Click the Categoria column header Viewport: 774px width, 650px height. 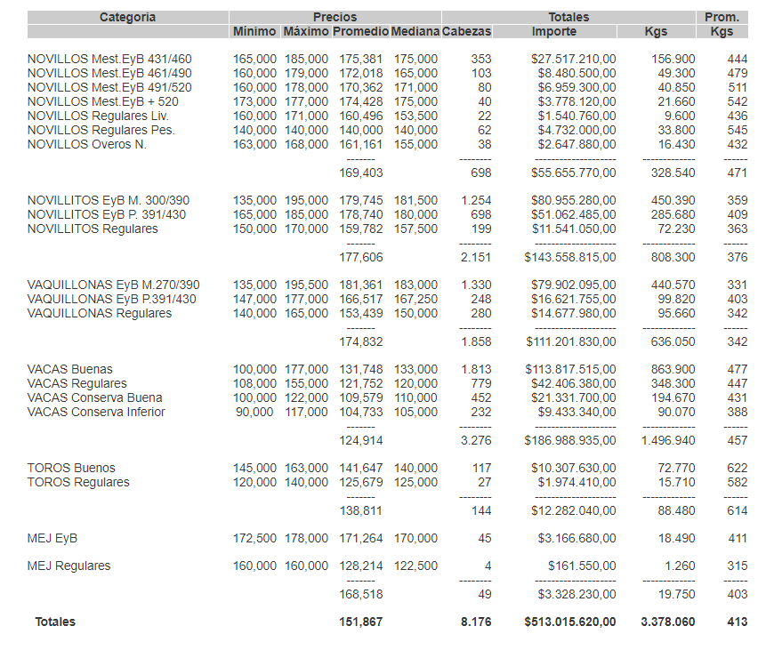(x=127, y=17)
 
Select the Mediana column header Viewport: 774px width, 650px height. (x=415, y=31)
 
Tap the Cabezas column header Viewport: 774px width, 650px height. (x=466, y=31)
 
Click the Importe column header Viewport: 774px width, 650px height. (x=553, y=31)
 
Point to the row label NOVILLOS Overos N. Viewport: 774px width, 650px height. (x=87, y=144)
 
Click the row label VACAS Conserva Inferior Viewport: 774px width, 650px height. (x=96, y=412)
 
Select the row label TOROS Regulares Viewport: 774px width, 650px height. (x=78, y=482)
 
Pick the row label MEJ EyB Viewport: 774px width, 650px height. (x=52, y=538)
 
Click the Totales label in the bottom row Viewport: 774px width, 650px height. (x=55, y=622)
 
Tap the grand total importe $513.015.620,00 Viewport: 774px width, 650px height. (x=570, y=622)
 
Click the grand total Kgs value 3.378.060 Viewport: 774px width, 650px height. (x=668, y=622)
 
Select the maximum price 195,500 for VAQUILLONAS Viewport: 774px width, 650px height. (x=305, y=285)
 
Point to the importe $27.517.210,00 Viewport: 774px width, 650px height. (x=573, y=59)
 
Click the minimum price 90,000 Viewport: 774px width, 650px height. (x=256, y=412)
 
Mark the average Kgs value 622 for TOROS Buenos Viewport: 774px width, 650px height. (x=737, y=468)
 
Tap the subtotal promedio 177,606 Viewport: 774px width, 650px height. (x=361, y=257)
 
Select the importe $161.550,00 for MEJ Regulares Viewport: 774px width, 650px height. (x=579, y=566)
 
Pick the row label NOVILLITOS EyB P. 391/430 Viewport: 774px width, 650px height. (x=107, y=214)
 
